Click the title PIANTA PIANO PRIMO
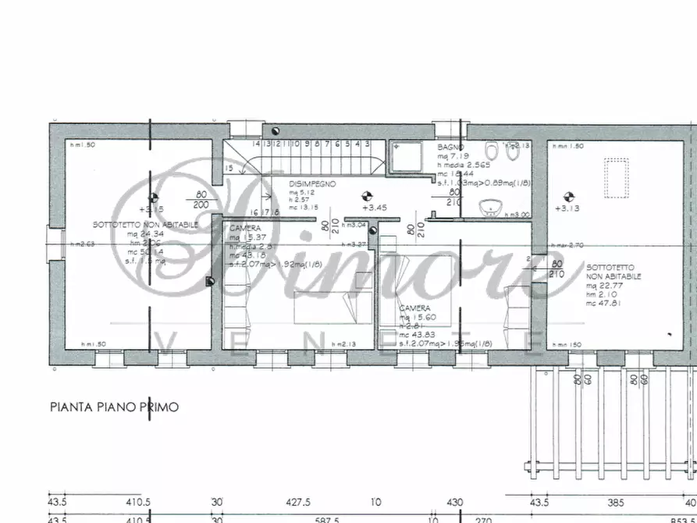tap(115, 407)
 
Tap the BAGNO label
tap(450, 147)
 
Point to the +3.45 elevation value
tap(372, 207)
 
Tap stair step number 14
tap(255, 144)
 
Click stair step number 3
tap(366, 144)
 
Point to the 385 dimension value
tap(617, 503)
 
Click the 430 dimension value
tap(454, 503)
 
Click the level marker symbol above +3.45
tap(365, 195)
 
